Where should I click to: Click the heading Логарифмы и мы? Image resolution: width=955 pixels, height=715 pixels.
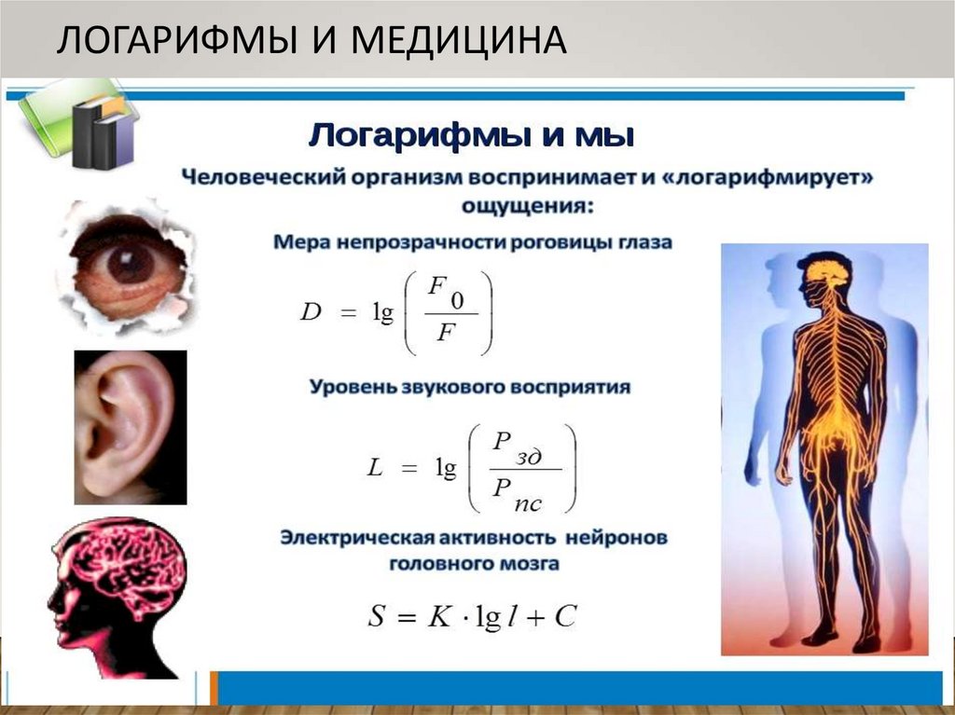tap(471, 136)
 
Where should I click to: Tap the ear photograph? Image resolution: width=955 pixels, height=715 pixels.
tap(130, 426)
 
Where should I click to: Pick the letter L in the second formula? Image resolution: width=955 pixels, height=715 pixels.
tap(375, 470)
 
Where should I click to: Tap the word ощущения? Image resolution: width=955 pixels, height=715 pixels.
tap(527, 203)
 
